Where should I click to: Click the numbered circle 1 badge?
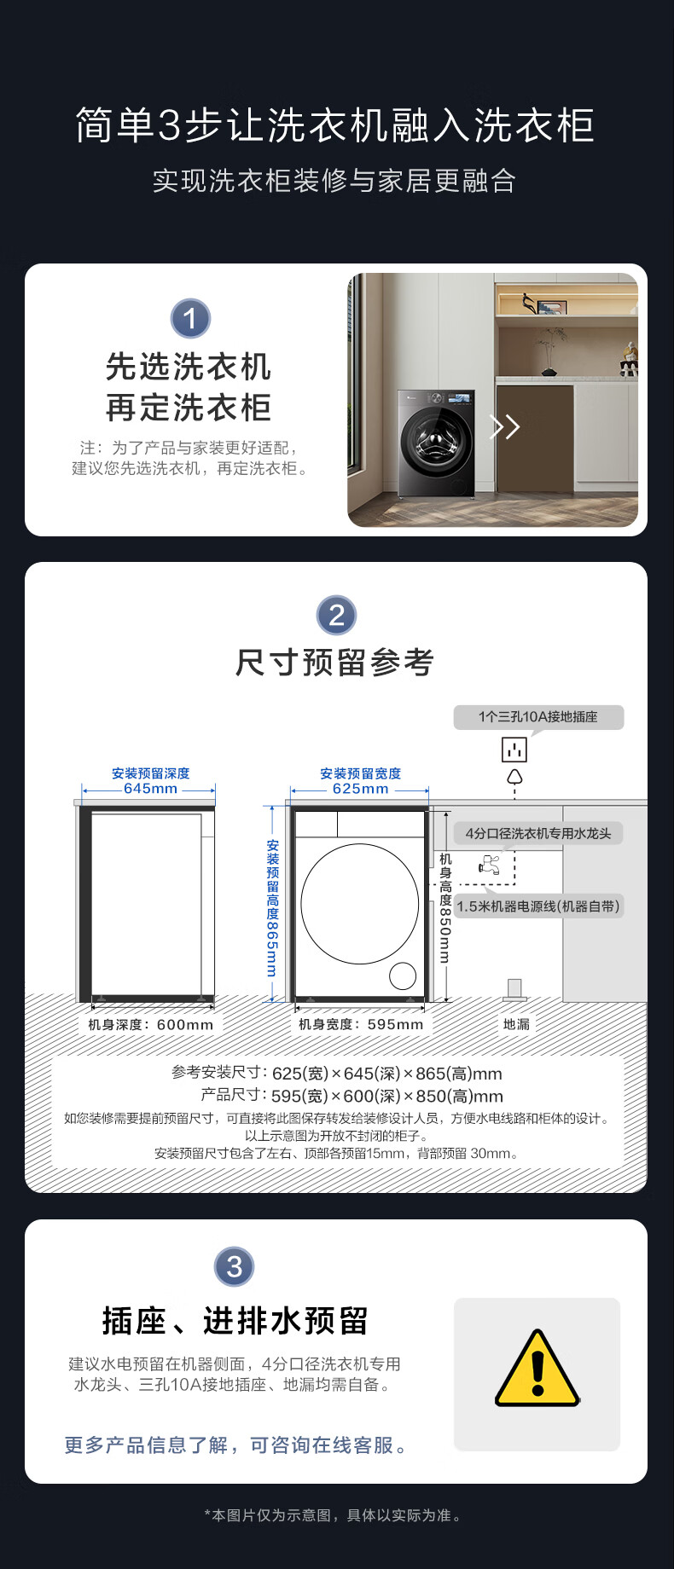coord(190,319)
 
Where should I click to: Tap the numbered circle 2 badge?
coord(336,615)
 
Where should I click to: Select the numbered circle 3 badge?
coord(235,1266)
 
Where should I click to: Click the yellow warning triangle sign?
coord(537,1369)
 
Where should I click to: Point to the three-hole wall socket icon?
coord(514,750)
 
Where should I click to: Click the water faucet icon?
coord(490,865)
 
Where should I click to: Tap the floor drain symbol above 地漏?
coord(514,989)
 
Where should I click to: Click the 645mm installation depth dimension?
coord(151,789)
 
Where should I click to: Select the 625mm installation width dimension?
coord(361,789)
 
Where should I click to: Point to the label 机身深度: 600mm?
coord(151,1024)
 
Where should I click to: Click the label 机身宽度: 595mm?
coord(361,1024)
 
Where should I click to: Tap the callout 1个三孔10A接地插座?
coord(538,717)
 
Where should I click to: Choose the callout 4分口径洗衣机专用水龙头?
coord(538,833)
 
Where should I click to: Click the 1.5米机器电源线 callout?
coord(538,906)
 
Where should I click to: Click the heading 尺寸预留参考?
coord(335,663)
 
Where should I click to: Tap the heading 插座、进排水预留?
coord(235,1321)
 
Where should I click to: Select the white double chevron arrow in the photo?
coord(504,426)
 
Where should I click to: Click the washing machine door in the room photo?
coord(438,442)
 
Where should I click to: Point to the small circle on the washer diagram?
coord(403,976)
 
